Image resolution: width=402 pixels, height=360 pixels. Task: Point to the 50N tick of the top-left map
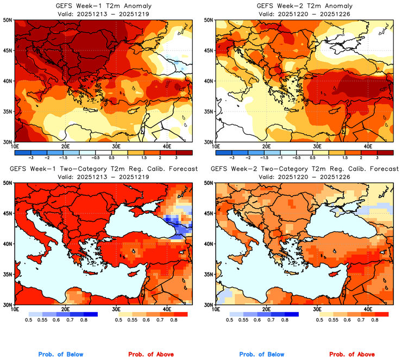point(8,20)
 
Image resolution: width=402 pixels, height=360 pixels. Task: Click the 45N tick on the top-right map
point(209,50)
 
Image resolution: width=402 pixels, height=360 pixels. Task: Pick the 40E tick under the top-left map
point(167,146)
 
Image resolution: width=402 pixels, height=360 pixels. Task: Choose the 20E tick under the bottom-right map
point(266,308)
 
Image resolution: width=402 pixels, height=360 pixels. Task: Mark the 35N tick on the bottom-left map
point(8,274)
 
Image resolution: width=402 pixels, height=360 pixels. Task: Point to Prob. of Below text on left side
point(61,355)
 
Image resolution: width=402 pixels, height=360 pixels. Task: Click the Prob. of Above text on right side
point(352,355)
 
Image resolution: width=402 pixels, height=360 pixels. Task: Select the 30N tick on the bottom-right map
point(209,305)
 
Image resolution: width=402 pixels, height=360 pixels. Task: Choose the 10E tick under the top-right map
point(216,146)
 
